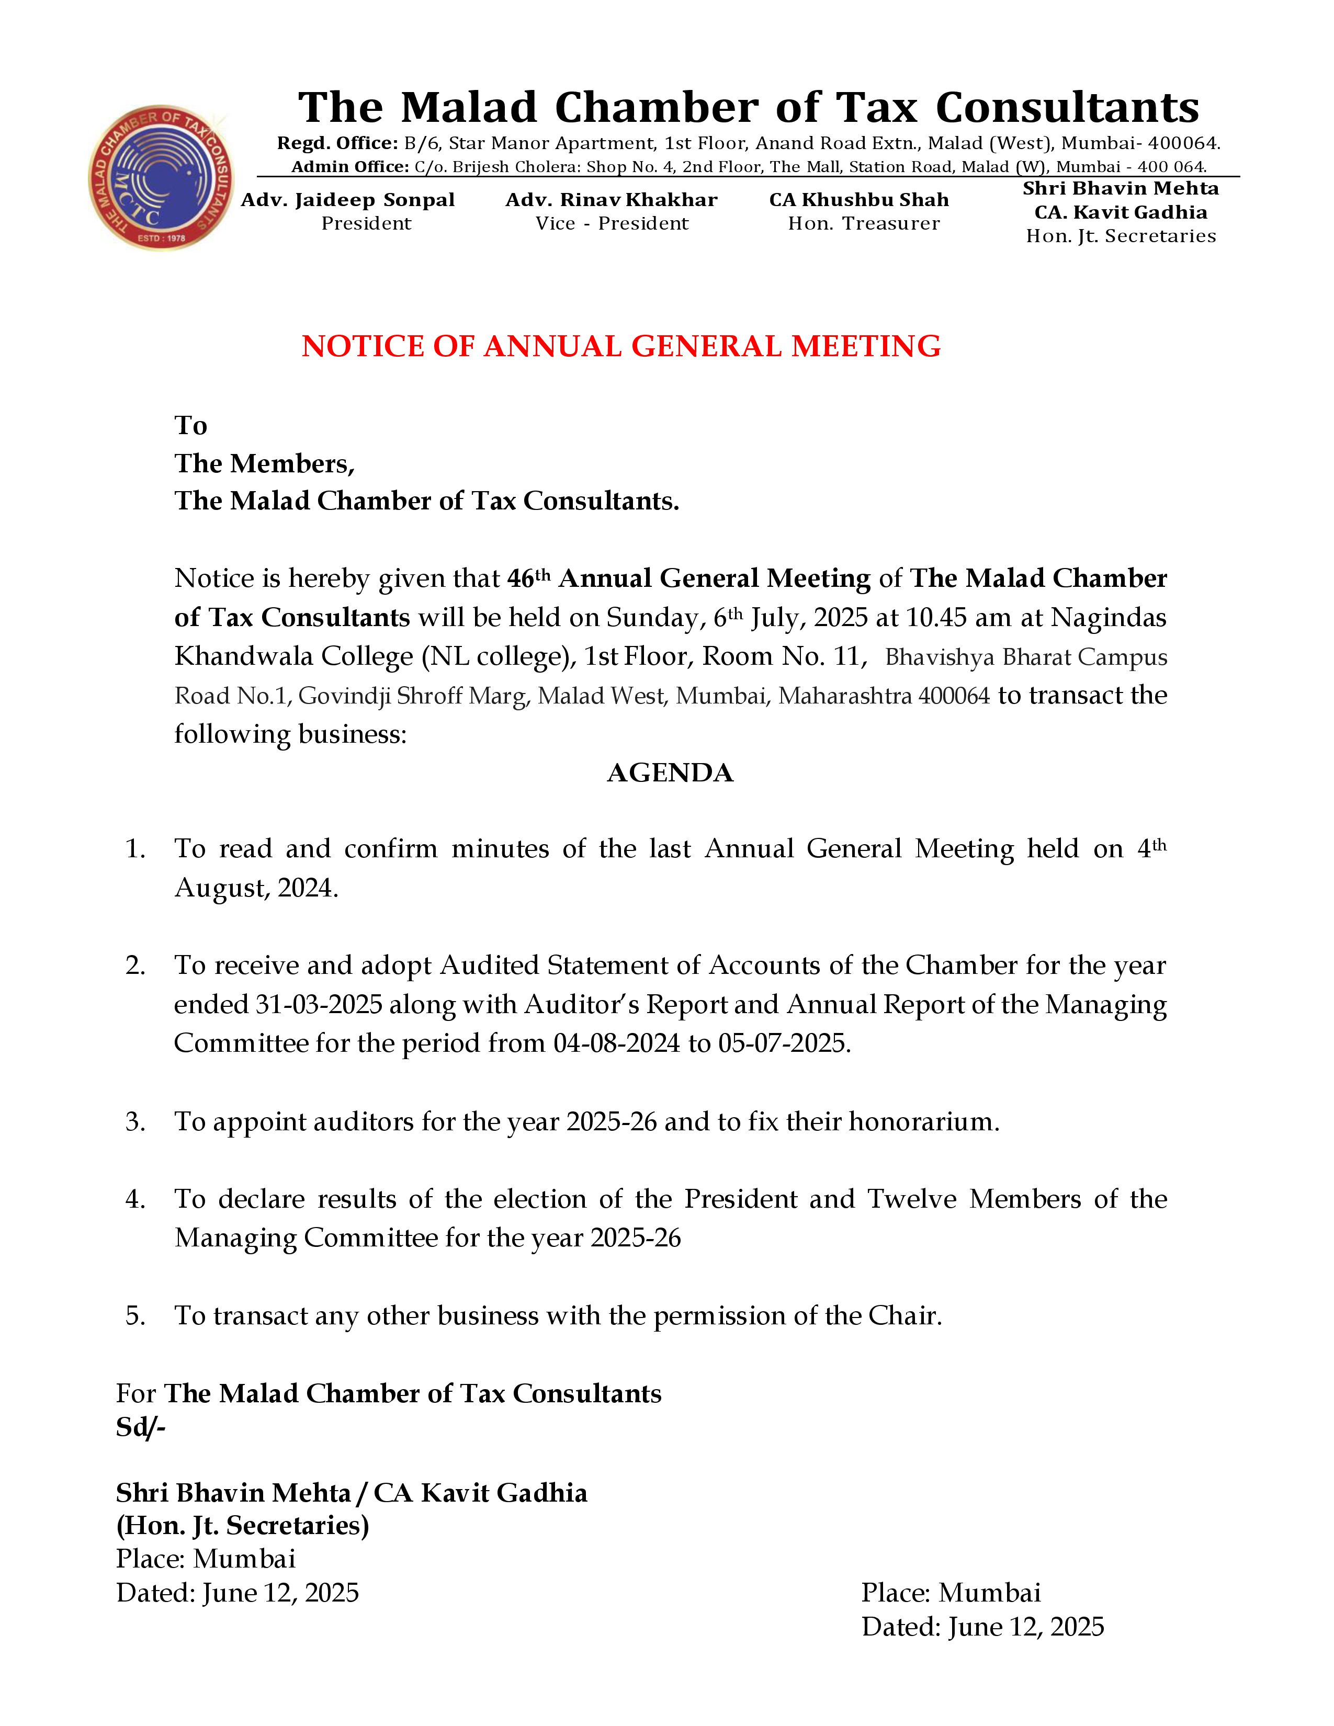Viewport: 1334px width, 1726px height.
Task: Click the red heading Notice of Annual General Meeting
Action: [x=620, y=346]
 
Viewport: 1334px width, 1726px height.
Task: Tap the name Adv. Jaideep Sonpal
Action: [x=348, y=200]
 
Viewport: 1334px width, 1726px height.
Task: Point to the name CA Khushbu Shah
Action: [x=859, y=200]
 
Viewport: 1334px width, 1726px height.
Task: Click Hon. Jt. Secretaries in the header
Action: [x=1121, y=236]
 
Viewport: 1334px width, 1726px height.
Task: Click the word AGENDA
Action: [x=670, y=773]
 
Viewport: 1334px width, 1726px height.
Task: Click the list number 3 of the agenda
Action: [x=135, y=1121]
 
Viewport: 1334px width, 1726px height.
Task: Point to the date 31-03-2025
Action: [x=319, y=1004]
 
